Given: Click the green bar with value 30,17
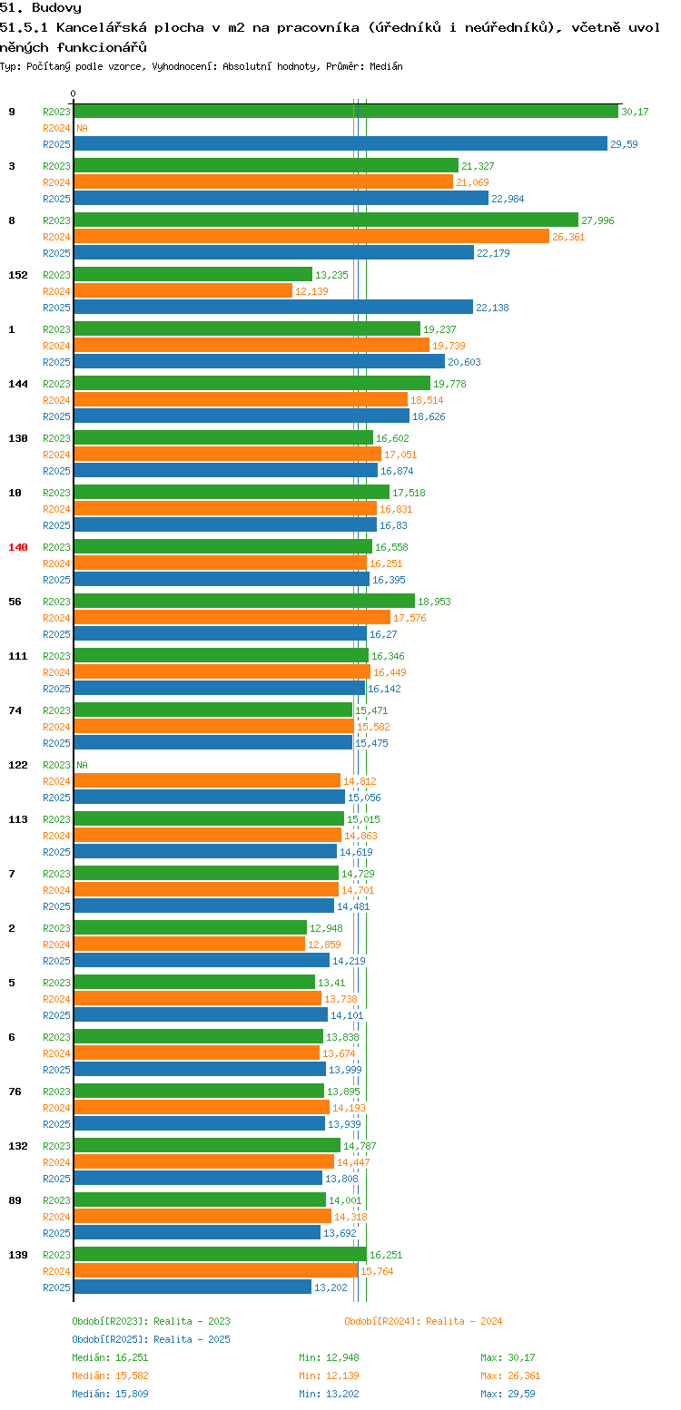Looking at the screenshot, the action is [x=346, y=112].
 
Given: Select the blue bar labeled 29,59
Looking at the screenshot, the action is [x=340, y=144].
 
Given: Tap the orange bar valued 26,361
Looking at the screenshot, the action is [x=311, y=237].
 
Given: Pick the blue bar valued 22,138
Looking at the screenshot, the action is [x=273, y=308].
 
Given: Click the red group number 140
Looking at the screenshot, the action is [x=17, y=547].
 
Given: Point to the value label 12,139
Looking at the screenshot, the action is [x=311, y=291].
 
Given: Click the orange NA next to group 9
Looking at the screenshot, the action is [x=82, y=128].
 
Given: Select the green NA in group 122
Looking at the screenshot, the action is [x=82, y=765].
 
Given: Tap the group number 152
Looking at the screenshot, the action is [x=17, y=275].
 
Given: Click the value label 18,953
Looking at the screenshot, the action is [x=434, y=602].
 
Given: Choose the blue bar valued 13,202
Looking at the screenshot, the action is [x=192, y=1288].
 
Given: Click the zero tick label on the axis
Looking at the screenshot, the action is [x=73, y=93].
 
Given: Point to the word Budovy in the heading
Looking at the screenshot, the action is [x=56, y=8].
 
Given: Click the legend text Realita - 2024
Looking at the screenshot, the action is [x=464, y=1321].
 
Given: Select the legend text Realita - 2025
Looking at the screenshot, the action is [x=192, y=1339].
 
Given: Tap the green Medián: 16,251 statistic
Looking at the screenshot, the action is [x=110, y=1357].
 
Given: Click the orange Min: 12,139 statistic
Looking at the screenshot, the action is [x=329, y=1376].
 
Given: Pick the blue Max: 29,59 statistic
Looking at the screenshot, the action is [x=508, y=1395].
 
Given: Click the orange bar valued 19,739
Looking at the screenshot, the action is [x=252, y=346].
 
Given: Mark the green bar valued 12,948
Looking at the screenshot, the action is [x=191, y=928].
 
